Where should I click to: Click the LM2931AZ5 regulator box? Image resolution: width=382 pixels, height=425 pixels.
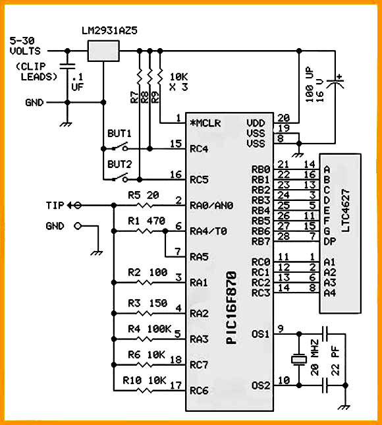pyautogui.click(x=103, y=51)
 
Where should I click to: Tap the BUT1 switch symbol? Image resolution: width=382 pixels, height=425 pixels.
pyautogui.click(x=119, y=147)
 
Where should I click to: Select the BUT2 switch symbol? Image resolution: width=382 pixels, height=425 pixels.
pyautogui.click(x=119, y=177)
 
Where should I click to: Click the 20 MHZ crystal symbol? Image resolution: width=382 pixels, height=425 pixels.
pyautogui.click(x=299, y=360)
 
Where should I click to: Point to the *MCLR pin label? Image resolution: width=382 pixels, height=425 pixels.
pyautogui.click(x=205, y=123)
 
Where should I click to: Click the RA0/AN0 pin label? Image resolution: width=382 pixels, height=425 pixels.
pyautogui.click(x=211, y=206)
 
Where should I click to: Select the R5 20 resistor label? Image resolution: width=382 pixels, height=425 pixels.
pyautogui.click(x=144, y=195)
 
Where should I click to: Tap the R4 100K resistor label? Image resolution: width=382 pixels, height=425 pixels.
pyautogui.click(x=150, y=329)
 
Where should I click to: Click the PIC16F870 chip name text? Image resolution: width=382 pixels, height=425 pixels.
pyautogui.click(x=232, y=308)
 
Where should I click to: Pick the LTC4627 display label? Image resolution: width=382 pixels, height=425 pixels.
pyautogui.click(x=345, y=210)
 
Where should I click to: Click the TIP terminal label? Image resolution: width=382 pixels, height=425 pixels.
pyautogui.click(x=55, y=206)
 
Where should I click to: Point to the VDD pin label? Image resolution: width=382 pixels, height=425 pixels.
pyautogui.click(x=256, y=123)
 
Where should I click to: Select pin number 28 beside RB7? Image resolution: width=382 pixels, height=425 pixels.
pyautogui.click(x=283, y=236)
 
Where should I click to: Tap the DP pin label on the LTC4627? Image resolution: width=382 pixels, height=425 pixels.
pyautogui.click(x=330, y=241)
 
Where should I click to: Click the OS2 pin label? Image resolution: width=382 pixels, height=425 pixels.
pyautogui.click(x=261, y=385)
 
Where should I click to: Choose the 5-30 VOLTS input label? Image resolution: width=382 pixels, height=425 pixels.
pyautogui.click(x=25, y=46)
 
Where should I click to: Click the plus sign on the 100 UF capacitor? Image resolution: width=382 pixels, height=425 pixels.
pyautogui.click(x=340, y=77)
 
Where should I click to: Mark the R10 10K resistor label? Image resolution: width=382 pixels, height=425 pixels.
pyautogui.click(x=144, y=380)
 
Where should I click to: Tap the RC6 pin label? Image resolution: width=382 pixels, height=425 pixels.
pyautogui.click(x=199, y=391)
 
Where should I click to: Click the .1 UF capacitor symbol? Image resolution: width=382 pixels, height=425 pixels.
pyautogui.click(x=67, y=66)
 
